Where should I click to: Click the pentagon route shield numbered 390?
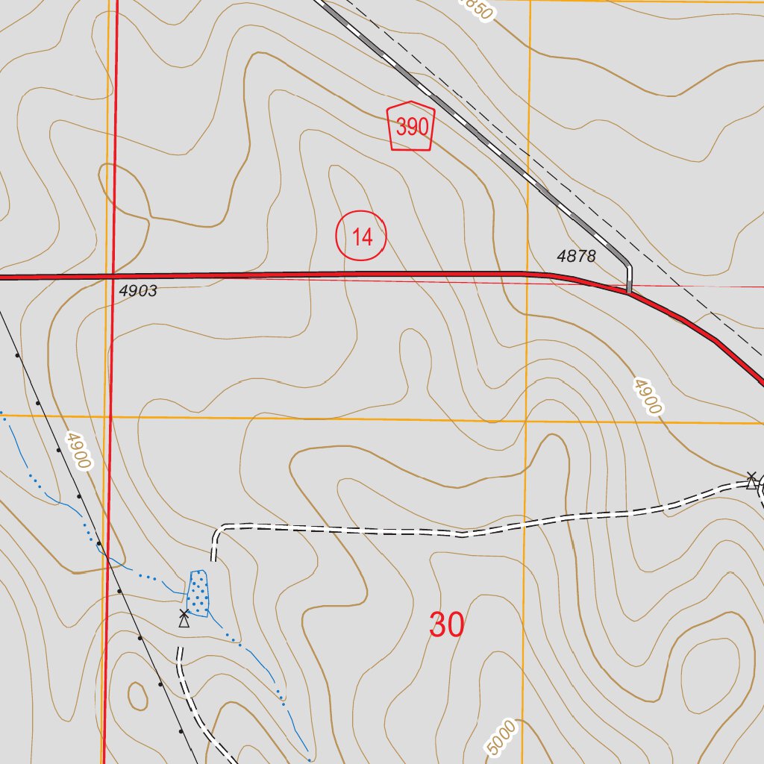411,126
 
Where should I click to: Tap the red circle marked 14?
361,237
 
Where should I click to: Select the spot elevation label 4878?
576,257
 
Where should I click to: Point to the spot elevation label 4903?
138,291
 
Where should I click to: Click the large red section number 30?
446,624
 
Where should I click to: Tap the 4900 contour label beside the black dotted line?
77,450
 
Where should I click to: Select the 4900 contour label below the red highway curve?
647,396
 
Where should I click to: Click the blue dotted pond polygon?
198,593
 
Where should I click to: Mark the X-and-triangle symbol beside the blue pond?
184,617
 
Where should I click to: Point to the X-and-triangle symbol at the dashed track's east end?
751,480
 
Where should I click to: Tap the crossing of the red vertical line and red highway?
113,276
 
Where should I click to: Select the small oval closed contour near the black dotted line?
138,696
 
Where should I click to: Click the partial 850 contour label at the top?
476,9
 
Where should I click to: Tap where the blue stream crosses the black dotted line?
109,557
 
